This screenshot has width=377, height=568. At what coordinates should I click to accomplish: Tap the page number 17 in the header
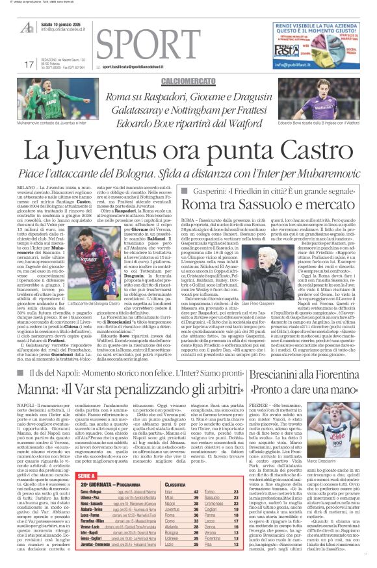point(28,64)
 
